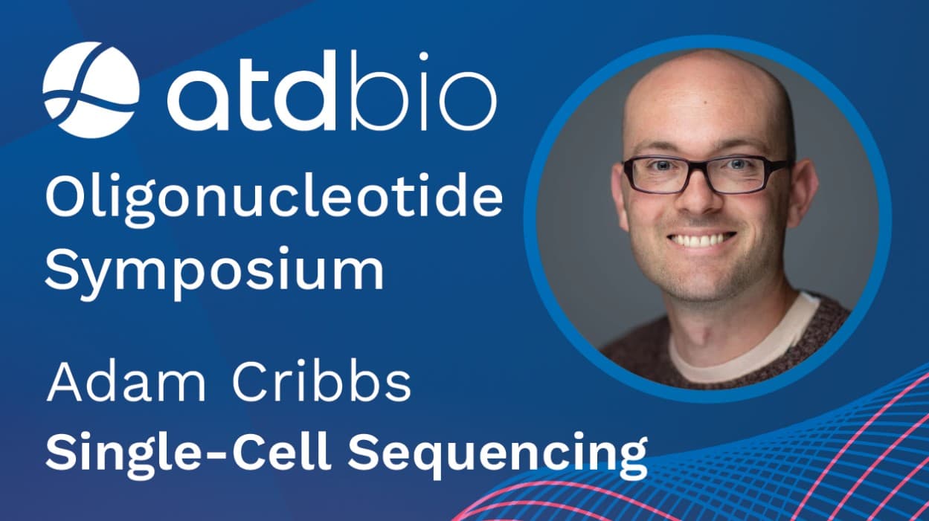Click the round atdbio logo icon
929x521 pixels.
click(90, 89)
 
